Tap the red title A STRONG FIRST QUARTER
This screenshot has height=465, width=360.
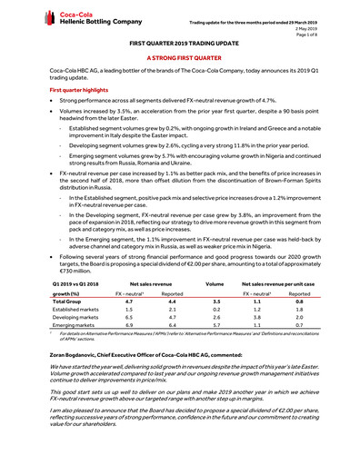tap(179, 56)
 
